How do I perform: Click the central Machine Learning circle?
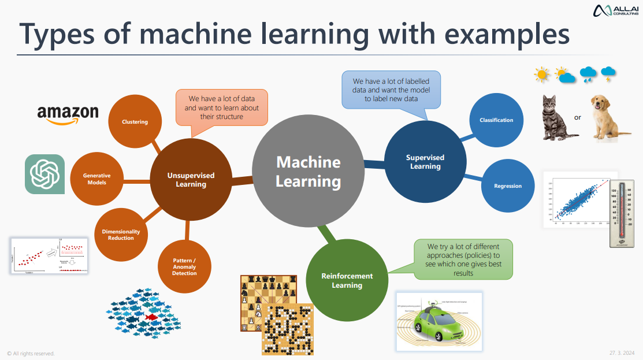[308, 172]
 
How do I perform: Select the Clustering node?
[135, 122]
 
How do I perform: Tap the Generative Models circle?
[97, 179]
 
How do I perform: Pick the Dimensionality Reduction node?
[121, 234]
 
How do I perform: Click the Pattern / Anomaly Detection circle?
[185, 266]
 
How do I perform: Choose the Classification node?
[496, 120]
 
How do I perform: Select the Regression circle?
[508, 186]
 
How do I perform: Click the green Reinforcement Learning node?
[347, 280]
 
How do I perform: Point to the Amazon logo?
[68, 113]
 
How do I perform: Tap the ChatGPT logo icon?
[44, 174]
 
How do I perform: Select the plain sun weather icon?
[542, 74]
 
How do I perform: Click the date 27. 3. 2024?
[622, 352]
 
